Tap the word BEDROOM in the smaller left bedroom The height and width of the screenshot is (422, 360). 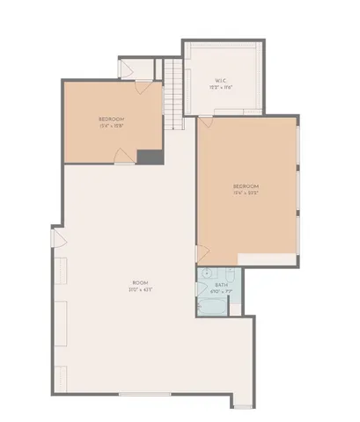click(x=112, y=118)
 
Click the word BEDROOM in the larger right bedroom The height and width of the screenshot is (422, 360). click(x=246, y=186)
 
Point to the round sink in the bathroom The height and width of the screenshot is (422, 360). click(x=204, y=273)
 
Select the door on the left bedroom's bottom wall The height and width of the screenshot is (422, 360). click(x=122, y=156)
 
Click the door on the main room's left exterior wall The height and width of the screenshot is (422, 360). click(x=59, y=236)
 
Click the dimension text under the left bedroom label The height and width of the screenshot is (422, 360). click(x=112, y=124)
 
